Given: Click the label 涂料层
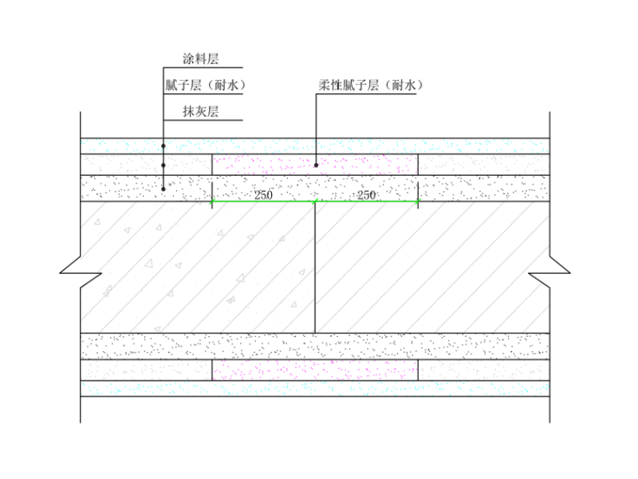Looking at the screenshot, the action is coord(201,59).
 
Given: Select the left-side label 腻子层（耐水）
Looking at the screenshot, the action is coord(205,85).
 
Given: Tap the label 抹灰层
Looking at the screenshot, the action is coord(201,111).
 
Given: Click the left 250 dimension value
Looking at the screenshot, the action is coord(263,195).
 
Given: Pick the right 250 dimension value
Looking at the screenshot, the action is coord(367,195).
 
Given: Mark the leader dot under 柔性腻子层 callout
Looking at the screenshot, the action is coord(316,165).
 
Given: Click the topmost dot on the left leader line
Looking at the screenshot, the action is coord(164,146).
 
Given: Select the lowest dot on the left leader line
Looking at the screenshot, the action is coord(164,189).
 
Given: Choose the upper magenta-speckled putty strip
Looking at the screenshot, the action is coord(315,165).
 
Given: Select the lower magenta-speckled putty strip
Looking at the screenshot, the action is coord(315,371).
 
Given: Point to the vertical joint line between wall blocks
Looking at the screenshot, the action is coord(315,269).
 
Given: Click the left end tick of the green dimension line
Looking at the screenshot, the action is coord(212,202).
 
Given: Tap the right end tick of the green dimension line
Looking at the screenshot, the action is coord(419,202).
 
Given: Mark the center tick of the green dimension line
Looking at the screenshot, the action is coord(315,202).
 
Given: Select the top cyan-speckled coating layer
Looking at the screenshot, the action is coord(315,145).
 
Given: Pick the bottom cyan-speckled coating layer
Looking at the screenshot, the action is coord(315,388).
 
